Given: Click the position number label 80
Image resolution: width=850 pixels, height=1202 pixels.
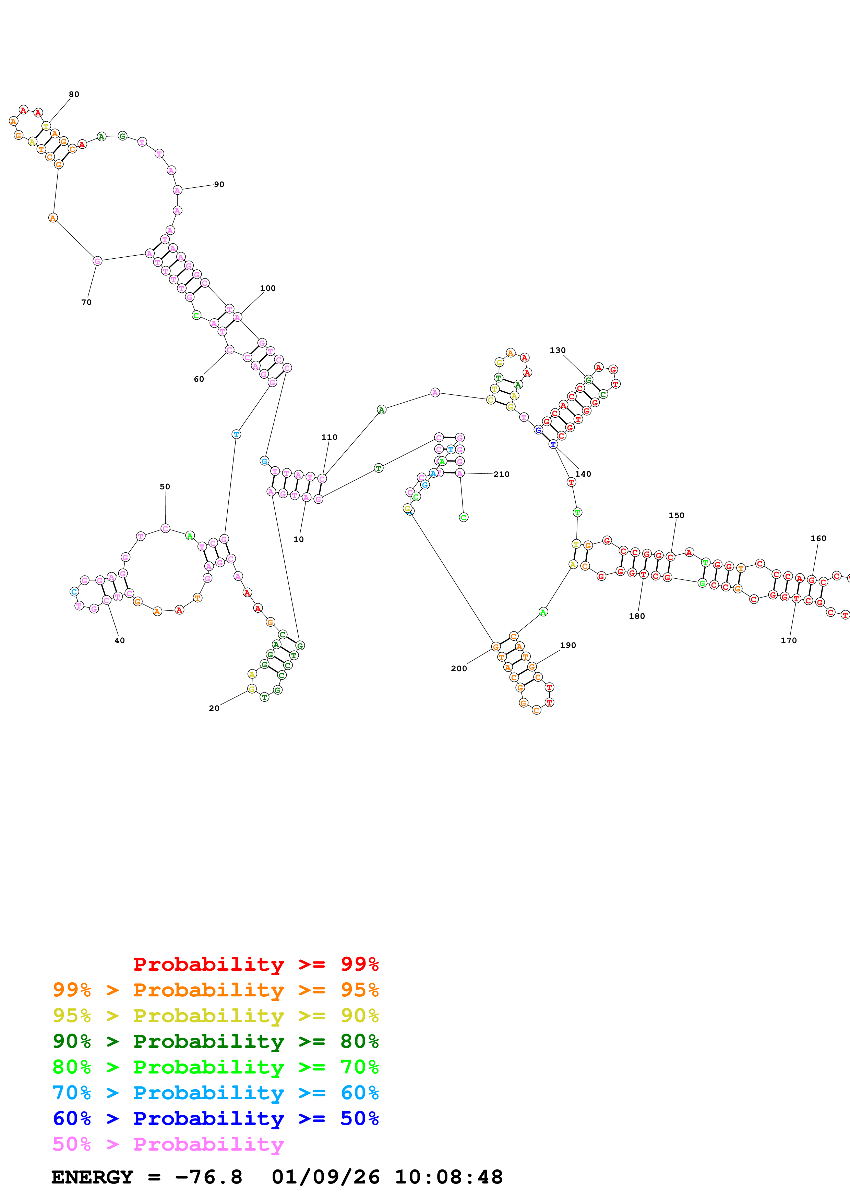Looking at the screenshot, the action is coord(74,94).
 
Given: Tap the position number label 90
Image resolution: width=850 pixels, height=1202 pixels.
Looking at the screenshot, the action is coord(219,184).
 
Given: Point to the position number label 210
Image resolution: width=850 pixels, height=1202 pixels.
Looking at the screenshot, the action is coord(501,474).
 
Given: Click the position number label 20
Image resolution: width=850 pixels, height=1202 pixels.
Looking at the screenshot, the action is coord(214,708).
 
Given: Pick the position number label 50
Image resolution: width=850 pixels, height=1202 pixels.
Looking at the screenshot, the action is coord(165,486).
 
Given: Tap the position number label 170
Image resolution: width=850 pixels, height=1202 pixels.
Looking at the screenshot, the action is coord(788,640).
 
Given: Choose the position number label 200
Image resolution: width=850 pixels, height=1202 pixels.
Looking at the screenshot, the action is coord(459,669).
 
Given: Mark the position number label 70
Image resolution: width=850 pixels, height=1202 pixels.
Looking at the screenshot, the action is coord(86,302).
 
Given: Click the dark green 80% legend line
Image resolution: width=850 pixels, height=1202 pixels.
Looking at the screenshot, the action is coord(215,1042).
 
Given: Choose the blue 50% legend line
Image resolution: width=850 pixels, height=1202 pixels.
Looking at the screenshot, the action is coord(215,1119).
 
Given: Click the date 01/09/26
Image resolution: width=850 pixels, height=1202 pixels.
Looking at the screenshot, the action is coord(325,1177).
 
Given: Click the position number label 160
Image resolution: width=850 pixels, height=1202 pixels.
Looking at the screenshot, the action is coord(818,538).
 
